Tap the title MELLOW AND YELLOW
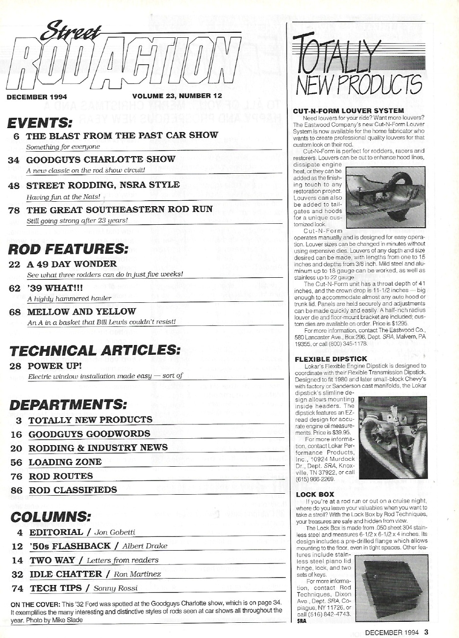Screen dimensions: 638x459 81,311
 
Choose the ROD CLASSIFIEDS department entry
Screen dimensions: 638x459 73,490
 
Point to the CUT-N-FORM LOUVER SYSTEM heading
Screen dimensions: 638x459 348,111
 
